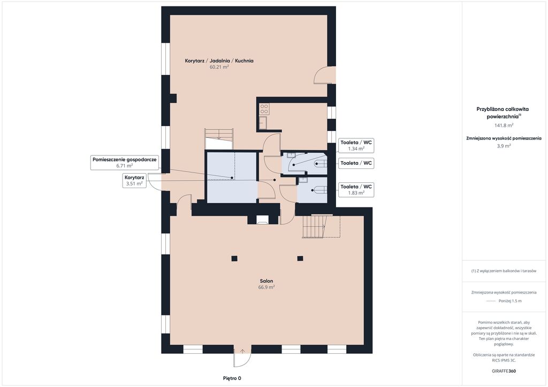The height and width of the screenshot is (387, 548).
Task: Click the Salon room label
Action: (x=267, y=281)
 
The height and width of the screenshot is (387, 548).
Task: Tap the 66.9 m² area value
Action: (x=267, y=287)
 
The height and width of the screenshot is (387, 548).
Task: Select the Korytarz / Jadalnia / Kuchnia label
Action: (x=219, y=61)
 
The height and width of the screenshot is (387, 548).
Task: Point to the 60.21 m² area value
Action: (x=219, y=67)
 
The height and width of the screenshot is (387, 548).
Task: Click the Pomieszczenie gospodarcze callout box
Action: (x=125, y=162)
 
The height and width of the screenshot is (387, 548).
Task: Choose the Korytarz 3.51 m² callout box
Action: (x=134, y=181)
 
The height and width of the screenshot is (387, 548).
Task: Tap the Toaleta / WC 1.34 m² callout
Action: (x=356, y=145)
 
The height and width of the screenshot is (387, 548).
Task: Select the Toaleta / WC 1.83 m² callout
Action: (x=356, y=190)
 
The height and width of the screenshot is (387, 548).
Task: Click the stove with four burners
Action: (x=264, y=109)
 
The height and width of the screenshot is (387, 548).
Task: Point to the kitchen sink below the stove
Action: (x=263, y=123)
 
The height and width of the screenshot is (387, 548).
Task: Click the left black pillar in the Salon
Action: (x=234, y=259)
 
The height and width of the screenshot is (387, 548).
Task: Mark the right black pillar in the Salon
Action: (x=300, y=259)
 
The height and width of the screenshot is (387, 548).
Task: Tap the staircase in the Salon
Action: (x=321, y=226)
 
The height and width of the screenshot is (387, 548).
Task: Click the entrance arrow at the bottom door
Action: (x=242, y=351)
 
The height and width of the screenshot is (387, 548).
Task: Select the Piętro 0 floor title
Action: (x=232, y=378)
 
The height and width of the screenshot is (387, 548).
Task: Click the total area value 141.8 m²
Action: (x=504, y=125)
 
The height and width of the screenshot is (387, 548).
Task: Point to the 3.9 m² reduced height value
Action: (x=504, y=146)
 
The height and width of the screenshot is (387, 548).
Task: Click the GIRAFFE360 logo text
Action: (x=504, y=371)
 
